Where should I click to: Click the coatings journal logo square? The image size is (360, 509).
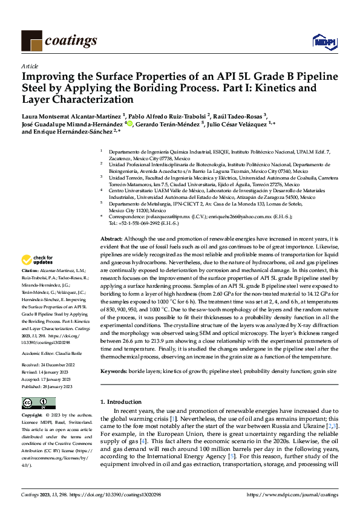[31, 41]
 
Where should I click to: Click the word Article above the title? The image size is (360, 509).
[30, 66]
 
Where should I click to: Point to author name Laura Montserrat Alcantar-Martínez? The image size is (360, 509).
[71, 115]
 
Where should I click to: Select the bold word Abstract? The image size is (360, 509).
[111, 239]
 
